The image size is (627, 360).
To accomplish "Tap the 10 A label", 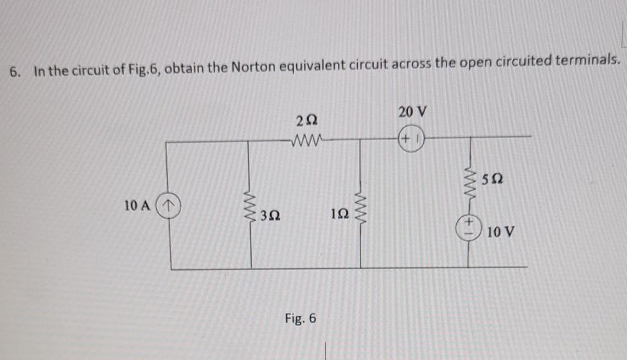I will (x=139, y=206).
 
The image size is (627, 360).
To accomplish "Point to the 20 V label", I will (x=412, y=113).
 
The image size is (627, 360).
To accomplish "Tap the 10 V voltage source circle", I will (x=468, y=226).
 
